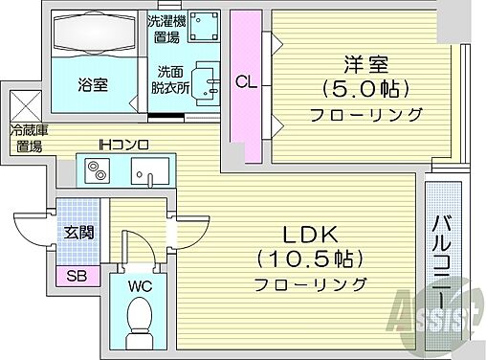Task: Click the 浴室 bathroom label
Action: coord(93,83)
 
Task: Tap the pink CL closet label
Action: coord(246,82)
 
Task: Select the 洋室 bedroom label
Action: coord(366,65)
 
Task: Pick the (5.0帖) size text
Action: coord(366,89)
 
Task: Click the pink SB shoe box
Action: coord(74,276)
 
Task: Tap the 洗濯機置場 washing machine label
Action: coord(161,30)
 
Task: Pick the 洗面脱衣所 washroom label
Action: coord(172,80)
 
